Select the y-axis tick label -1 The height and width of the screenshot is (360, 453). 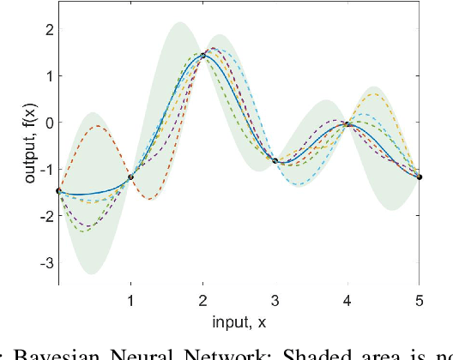point(45,169)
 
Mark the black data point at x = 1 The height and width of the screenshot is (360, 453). point(130,177)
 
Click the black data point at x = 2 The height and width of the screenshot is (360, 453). point(203,56)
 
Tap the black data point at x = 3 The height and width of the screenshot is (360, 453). point(275,160)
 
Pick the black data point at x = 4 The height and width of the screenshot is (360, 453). point(347,124)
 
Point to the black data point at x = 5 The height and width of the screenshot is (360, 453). point(420,177)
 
